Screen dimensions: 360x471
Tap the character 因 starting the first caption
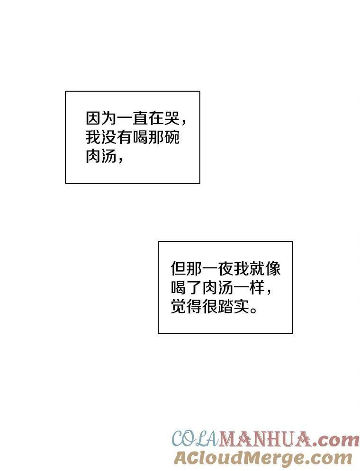click(x=93, y=118)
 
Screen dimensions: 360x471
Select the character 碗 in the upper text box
click(x=171, y=137)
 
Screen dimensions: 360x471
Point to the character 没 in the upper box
click(x=109, y=137)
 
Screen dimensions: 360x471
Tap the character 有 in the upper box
click(x=125, y=137)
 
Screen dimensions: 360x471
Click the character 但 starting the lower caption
click(x=179, y=268)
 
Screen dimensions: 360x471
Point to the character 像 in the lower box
click(x=272, y=268)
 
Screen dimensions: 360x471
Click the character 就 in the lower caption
click(x=257, y=268)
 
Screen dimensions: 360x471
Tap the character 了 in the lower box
click(x=194, y=287)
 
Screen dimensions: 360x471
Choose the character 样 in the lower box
click(x=257, y=287)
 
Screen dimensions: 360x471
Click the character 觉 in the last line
click(x=179, y=307)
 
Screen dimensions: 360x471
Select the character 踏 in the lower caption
click(x=225, y=307)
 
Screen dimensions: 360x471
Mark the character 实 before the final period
click(x=241, y=307)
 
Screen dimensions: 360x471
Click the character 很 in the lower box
click(x=210, y=307)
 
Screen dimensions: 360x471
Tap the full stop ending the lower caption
click(x=253, y=311)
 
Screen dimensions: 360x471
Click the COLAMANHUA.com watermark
click(x=266, y=439)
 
